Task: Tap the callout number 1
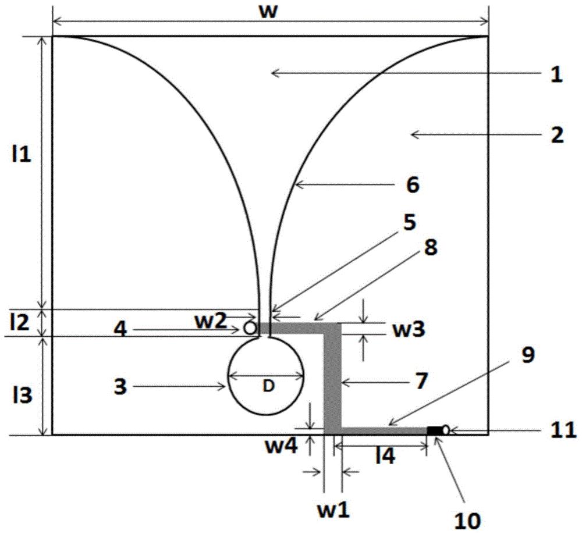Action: [x=556, y=74]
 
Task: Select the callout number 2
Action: [x=557, y=135]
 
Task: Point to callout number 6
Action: [x=413, y=184]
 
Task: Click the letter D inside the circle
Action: [x=268, y=386]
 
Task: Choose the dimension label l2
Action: [x=20, y=322]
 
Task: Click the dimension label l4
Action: [x=385, y=455]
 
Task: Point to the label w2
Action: [x=211, y=321]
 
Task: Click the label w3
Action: [x=409, y=329]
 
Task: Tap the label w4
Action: [x=281, y=446]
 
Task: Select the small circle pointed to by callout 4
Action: [x=250, y=327]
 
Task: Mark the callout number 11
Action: [x=563, y=430]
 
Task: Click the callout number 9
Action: [x=528, y=355]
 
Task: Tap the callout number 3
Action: [x=120, y=386]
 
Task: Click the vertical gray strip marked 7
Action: [x=332, y=379]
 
